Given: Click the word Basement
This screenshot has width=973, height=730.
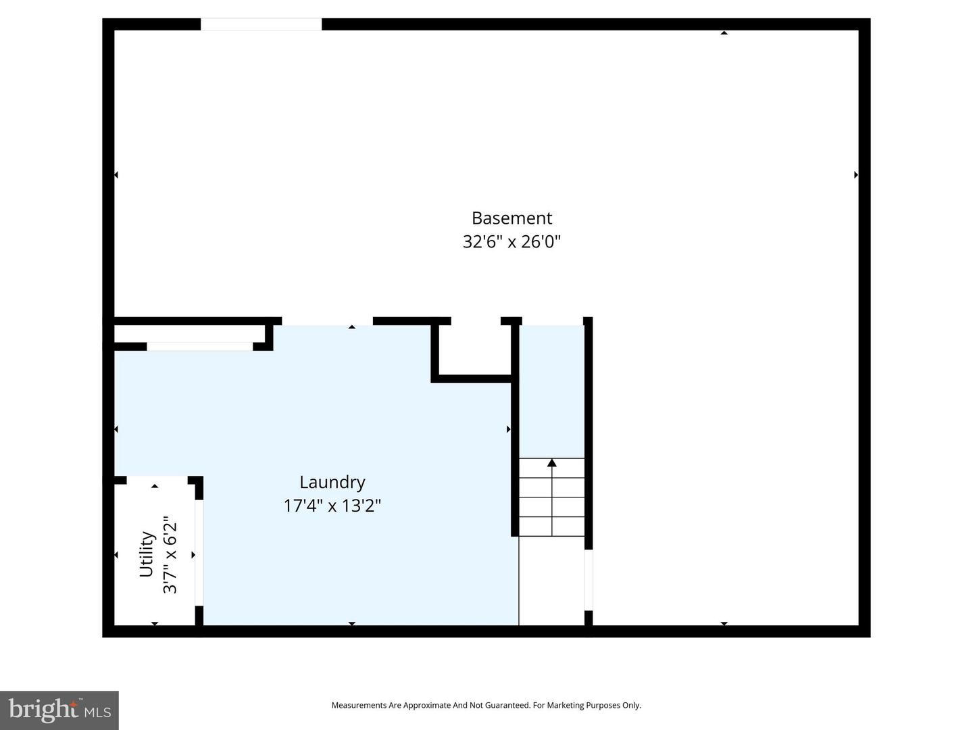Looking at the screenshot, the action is [x=512, y=218].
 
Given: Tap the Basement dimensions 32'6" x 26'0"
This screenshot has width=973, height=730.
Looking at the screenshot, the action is [x=512, y=241].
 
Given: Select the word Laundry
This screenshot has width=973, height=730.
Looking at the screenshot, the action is [x=332, y=483].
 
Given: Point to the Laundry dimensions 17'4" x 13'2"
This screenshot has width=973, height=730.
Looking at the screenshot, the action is [x=332, y=506].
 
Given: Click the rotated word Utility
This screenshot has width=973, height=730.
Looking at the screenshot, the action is [x=147, y=554].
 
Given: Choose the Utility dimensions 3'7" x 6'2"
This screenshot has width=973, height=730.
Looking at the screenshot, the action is [x=170, y=554].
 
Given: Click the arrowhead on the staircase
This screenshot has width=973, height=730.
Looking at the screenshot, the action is [x=552, y=463].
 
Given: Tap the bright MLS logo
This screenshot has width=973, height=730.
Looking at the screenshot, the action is [x=59, y=710].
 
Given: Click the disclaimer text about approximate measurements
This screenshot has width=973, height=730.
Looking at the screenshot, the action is [x=487, y=705].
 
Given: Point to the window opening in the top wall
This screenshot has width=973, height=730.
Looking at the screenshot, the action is [x=261, y=24].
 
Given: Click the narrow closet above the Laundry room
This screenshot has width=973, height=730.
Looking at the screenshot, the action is [x=190, y=333].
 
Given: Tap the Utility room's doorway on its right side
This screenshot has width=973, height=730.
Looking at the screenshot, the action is [x=199, y=553].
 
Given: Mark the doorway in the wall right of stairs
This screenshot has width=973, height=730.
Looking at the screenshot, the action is [x=589, y=580].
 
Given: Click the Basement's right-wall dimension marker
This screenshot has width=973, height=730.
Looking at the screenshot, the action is [x=856, y=175].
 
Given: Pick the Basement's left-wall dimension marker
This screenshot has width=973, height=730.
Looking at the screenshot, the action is [x=116, y=175].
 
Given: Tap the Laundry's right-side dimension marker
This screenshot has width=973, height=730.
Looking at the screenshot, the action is [x=508, y=429].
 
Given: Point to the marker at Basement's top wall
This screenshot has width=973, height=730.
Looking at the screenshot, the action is [x=724, y=33].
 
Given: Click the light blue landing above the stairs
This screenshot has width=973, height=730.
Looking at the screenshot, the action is [x=551, y=391].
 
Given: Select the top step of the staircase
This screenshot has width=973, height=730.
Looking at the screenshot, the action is [x=551, y=468].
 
